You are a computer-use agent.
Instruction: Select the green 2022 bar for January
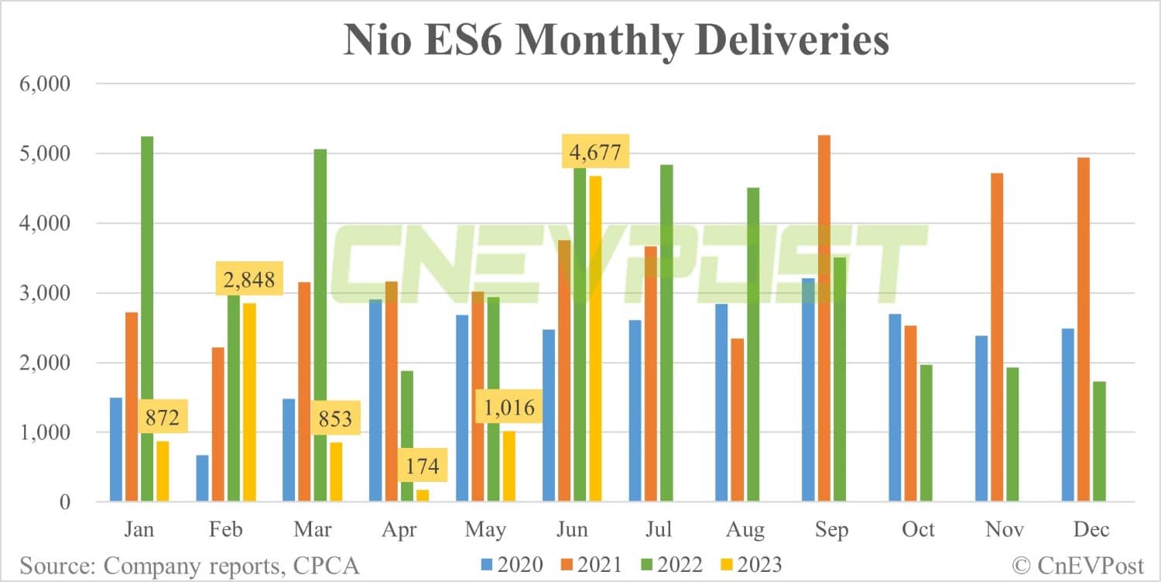(x=146, y=319)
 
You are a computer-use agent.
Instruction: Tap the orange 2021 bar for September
(x=824, y=319)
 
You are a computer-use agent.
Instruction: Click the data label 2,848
(x=248, y=279)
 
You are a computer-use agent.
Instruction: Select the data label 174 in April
(x=421, y=466)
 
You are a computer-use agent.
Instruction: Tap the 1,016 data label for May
(x=508, y=407)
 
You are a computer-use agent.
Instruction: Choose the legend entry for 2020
(x=512, y=564)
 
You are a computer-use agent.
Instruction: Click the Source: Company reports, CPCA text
(x=190, y=564)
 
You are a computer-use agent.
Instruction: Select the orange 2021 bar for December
(x=1084, y=329)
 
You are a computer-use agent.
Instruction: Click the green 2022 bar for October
(x=925, y=433)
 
